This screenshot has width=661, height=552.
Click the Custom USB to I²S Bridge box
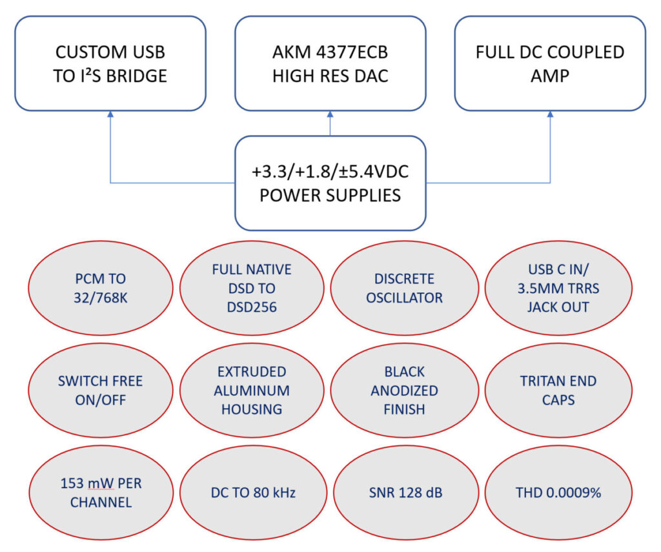pos(110,63)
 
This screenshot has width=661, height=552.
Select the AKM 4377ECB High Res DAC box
pos(330,63)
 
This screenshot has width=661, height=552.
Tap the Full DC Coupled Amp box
pos(550,63)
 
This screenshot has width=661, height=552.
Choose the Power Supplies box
pos(330,183)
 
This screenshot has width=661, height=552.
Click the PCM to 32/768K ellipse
pos(100,288)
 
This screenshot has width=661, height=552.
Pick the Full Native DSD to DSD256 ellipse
pos(251,288)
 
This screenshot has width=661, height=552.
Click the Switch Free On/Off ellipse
pos(100,390)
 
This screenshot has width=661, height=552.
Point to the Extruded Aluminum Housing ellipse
pos(251,390)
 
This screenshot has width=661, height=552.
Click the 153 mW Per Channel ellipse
pos(100,492)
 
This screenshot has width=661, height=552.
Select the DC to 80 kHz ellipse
pos(251,492)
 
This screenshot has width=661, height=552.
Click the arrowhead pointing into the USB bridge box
pos(110,114)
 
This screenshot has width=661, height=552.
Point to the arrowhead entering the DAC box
pos(330,114)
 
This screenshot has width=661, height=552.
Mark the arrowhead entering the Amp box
pos(551,114)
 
